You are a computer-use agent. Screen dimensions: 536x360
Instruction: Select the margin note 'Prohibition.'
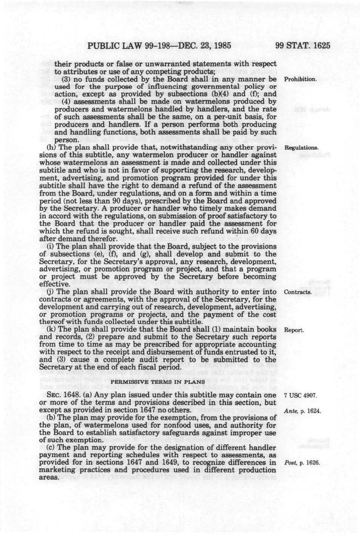tap(300, 79)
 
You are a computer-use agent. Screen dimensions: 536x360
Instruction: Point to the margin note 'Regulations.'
tap(300, 147)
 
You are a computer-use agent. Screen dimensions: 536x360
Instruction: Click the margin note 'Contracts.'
tap(298, 292)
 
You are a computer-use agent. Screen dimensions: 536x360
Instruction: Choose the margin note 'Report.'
tap(294, 330)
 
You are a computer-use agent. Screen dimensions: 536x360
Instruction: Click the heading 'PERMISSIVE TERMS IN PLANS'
tap(160, 381)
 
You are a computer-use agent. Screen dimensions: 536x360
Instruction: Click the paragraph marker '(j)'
tap(50, 292)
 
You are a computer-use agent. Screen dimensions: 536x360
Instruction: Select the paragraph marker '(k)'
tap(51, 329)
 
